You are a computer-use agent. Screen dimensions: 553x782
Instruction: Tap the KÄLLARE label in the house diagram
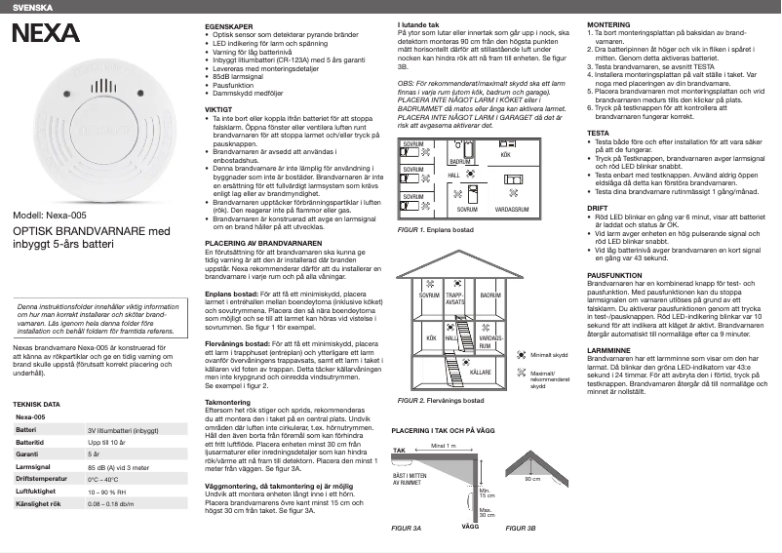point(480,373)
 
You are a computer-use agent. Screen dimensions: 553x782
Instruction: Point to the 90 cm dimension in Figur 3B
point(532,480)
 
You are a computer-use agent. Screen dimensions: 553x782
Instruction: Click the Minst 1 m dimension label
point(444,446)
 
